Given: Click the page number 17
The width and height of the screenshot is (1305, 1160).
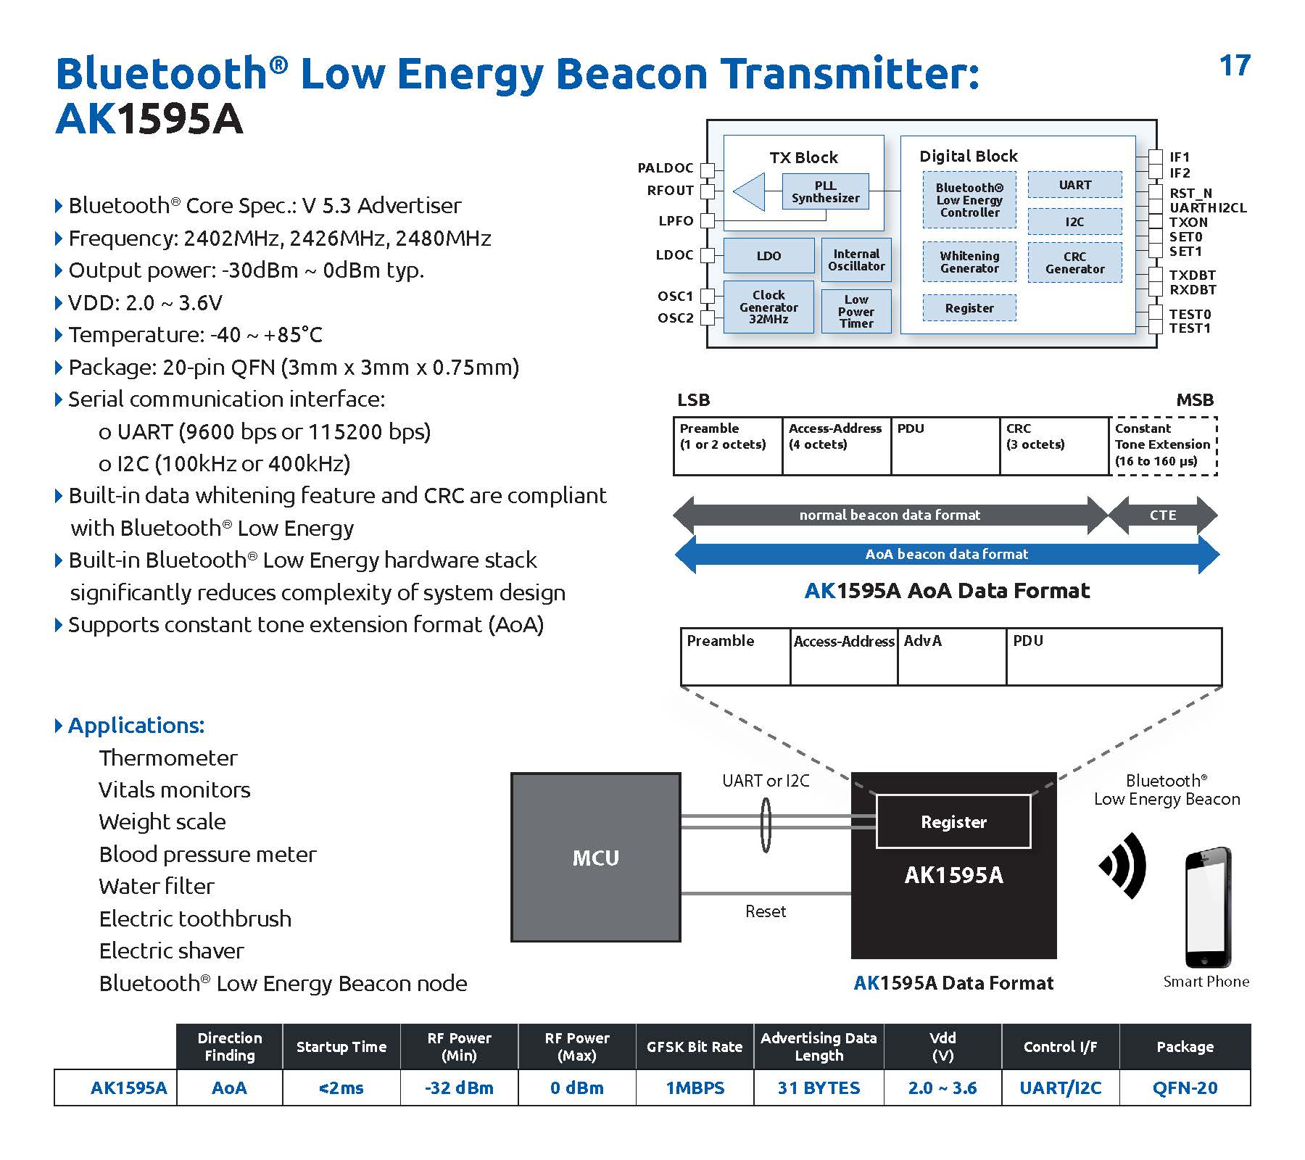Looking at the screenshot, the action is pyautogui.click(x=1235, y=65).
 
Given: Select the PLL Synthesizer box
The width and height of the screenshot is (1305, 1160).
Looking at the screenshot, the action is pyautogui.click(x=825, y=191).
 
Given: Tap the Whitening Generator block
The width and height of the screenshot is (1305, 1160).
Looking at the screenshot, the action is pyautogui.click(x=969, y=262).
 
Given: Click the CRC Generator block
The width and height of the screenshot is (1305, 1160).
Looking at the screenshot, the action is pyautogui.click(x=1074, y=262).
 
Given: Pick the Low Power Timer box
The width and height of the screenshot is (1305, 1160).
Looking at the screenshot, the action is pyautogui.click(x=856, y=311).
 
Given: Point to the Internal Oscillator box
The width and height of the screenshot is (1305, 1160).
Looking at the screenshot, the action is pyautogui.click(x=856, y=260).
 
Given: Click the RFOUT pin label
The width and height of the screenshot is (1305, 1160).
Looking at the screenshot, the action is pyautogui.click(x=670, y=191).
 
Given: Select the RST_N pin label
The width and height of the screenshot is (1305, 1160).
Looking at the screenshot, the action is pyautogui.click(x=1190, y=193).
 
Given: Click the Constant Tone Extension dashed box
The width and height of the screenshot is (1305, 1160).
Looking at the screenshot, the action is pyautogui.click(x=1163, y=446).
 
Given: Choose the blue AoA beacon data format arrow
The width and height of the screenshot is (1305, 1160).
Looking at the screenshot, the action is pyautogui.click(x=947, y=555).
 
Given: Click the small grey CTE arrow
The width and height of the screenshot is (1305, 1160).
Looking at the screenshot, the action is pyautogui.click(x=1163, y=515).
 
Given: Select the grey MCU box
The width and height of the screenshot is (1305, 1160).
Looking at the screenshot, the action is pyautogui.click(x=596, y=858).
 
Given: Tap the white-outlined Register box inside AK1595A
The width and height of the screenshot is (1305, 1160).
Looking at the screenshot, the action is pyautogui.click(x=953, y=821).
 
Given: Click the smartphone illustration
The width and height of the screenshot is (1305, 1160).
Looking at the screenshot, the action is pyautogui.click(x=1207, y=907).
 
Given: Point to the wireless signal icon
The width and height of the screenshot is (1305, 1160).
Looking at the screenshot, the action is pyautogui.click(x=1123, y=865).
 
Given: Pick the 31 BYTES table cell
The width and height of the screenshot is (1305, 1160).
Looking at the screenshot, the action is pyautogui.click(x=819, y=1087).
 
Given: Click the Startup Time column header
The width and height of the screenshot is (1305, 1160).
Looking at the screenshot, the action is pyautogui.click(x=341, y=1046).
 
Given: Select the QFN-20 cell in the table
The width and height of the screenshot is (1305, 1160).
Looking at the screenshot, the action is pyautogui.click(x=1185, y=1087).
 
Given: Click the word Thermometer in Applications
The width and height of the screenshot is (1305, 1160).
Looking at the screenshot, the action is pyautogui.click(x=168, y=758).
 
